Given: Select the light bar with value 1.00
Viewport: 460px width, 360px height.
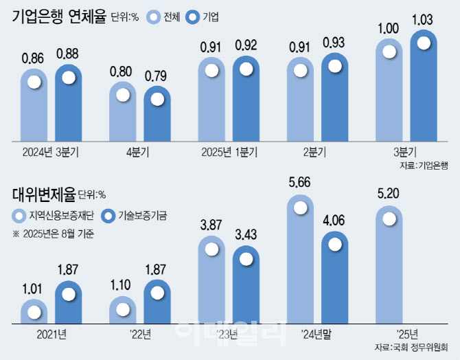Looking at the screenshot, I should [x=389, y=89].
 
